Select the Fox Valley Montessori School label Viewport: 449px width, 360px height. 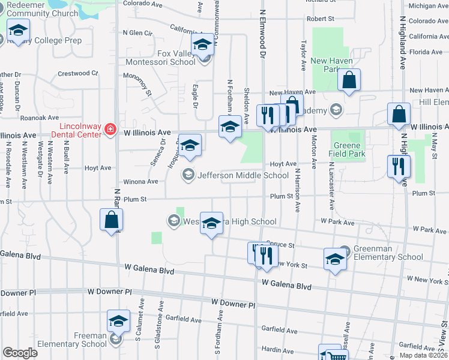point(160,57)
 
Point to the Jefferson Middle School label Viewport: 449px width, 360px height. point(243,175)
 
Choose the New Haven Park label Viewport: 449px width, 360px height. point(328,65)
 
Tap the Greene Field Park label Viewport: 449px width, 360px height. point(347,149)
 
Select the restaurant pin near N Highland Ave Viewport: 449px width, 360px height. point(398,165)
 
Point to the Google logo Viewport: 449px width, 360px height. point(20,353)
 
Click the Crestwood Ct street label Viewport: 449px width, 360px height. point(77,74)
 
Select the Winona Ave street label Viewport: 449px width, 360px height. point(140,181)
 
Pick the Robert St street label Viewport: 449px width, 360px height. point(320,19)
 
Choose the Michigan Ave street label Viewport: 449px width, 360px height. point(429,6)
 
